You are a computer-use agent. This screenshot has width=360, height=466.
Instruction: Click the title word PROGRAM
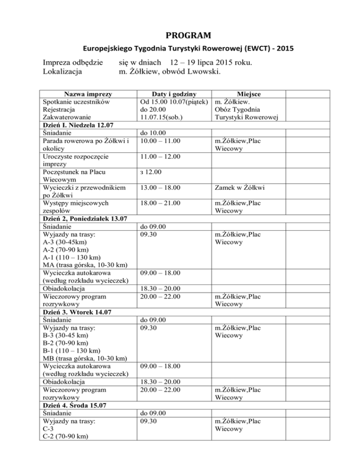click(x=180, y=35)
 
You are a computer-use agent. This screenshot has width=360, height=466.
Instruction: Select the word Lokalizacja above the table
click(x=62, y=72)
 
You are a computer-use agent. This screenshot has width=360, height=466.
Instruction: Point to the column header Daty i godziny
click(x=171, y=94)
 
